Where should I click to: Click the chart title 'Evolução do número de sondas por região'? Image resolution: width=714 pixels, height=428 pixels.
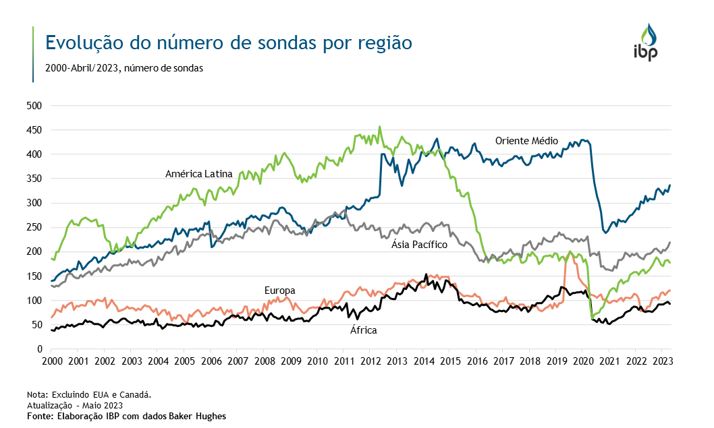point(228,42)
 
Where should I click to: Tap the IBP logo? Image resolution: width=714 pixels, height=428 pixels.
point(644,42)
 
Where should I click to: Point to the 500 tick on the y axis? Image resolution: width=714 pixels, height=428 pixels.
point(33,106)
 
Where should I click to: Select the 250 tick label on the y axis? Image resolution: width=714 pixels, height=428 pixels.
point(33,227)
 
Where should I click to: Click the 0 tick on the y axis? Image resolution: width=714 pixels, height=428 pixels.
point(39,349)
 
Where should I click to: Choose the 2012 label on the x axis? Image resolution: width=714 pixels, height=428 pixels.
point(370,361)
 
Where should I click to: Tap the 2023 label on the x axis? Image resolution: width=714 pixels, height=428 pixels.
point(663,361)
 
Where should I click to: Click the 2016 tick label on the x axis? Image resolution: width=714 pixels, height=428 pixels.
point(477,361)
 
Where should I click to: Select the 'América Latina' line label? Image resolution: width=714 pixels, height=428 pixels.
point(198,174)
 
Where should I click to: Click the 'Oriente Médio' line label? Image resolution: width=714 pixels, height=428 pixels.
point(526,141)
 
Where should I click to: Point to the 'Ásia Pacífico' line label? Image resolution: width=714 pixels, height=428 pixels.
point(419,245)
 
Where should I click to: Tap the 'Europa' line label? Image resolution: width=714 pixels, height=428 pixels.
point(279,291)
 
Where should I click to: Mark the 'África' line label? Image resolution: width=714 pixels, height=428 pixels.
point(363,330)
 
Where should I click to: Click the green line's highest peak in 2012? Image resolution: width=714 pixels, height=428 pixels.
point(379,126)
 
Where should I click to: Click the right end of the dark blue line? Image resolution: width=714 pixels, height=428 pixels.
point(670,185)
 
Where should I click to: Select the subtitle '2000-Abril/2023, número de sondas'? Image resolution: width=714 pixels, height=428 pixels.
point(123,68)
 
